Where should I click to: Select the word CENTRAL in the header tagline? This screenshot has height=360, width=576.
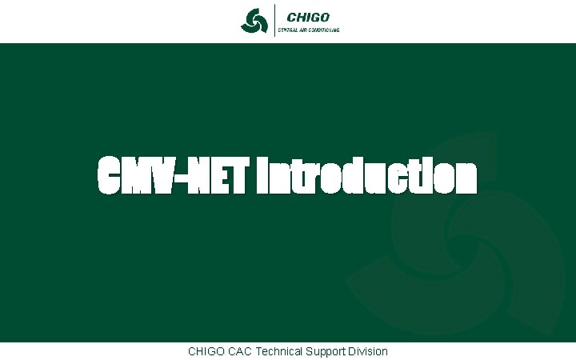click(x=289, y=30)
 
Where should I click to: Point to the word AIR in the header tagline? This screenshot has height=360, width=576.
click(x=305, y=30)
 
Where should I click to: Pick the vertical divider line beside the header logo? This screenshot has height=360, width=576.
click(x=274, y=20)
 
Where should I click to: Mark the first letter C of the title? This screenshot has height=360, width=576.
click(x=110, y=177)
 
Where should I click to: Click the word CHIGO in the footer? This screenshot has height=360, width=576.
click(x=206, y=351)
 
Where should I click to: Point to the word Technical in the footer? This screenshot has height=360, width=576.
click(x=281, y=351)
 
